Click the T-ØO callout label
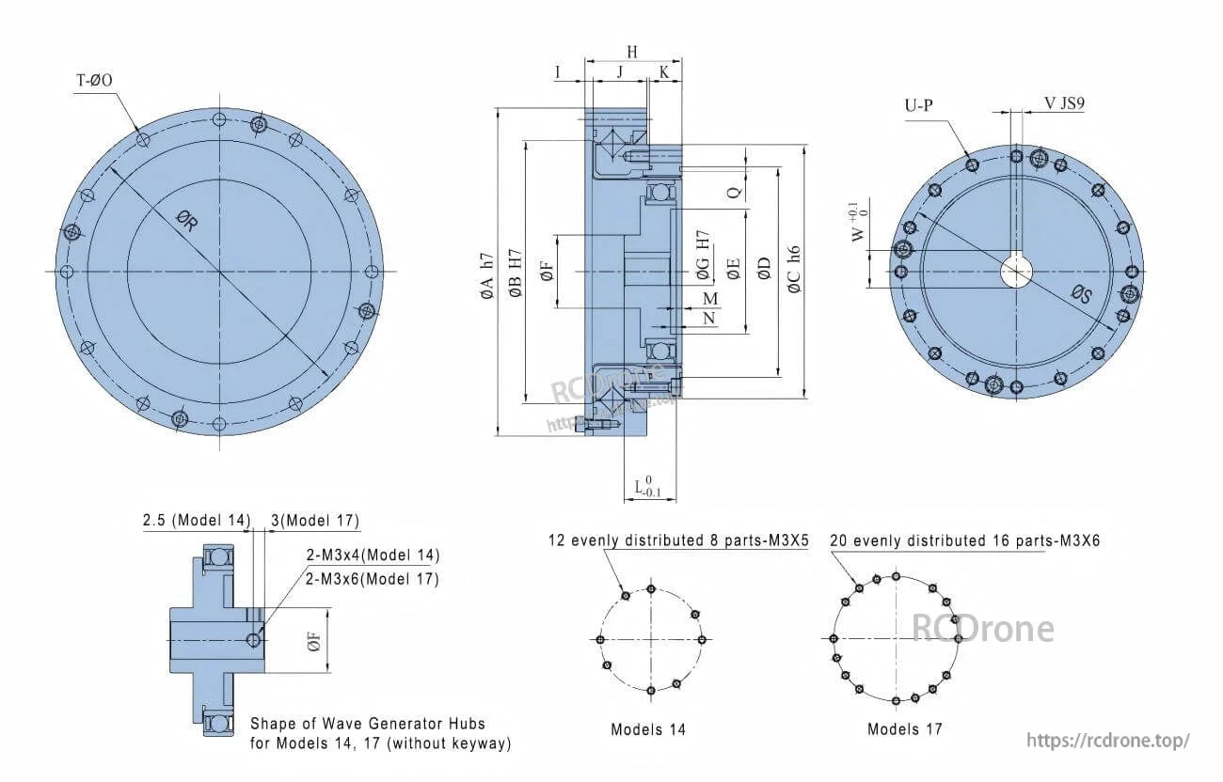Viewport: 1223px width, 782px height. point(94,81)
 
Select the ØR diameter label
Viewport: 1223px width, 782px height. point(186,222)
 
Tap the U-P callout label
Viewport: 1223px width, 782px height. point(919,105)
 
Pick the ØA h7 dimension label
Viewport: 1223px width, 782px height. point(486,275)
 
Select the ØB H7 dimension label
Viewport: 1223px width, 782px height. point(515,275)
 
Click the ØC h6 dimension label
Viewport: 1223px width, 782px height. point(794,270)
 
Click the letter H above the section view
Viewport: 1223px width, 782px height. point(632,53)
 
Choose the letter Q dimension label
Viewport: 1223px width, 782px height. point(735,191)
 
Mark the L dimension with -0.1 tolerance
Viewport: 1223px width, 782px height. point(648,486)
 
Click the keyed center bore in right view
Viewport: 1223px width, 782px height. point(1016,272)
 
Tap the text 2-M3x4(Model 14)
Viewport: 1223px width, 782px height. point(372,555)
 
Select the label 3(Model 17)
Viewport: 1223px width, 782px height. point(314,521)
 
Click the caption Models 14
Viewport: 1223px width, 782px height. point(648,729)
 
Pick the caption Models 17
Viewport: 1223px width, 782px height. point(904,728)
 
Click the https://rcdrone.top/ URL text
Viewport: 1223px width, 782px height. point(1107,740)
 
